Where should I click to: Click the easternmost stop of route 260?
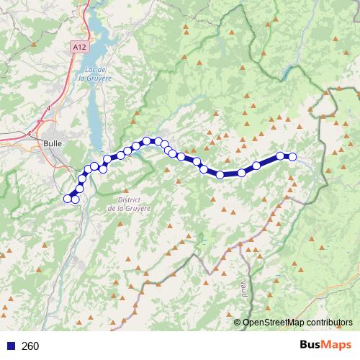click(292, 156)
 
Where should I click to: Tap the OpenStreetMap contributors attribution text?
click(297, 322)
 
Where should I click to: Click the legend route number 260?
click(30, 346)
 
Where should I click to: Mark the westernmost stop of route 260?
click(68, 199)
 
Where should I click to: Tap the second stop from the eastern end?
click(280, 156)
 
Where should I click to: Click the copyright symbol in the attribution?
click(238, 322)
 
